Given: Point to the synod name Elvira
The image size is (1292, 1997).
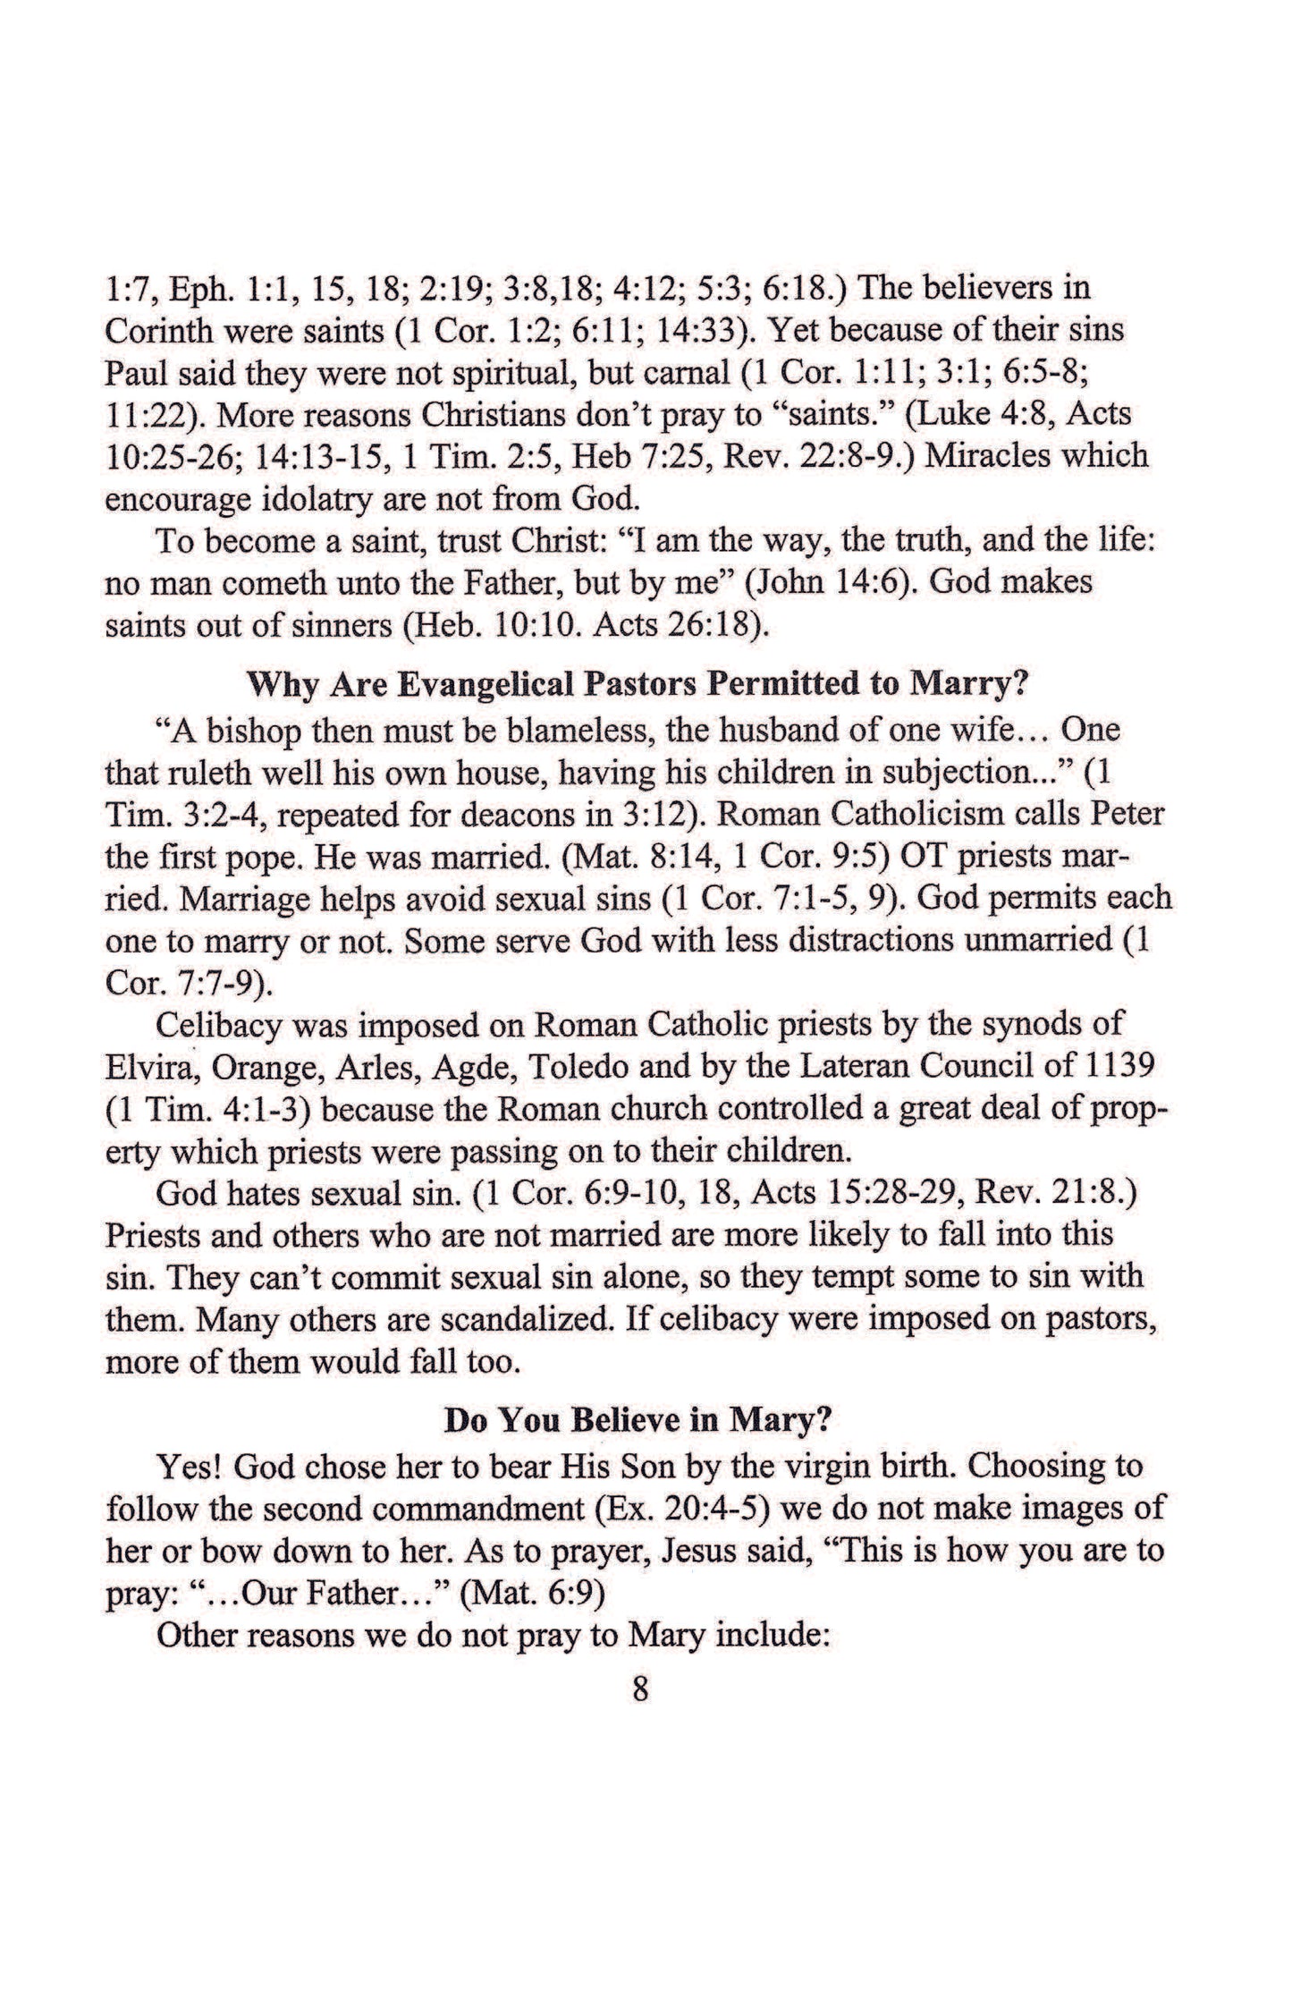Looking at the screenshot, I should point(147,1067).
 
